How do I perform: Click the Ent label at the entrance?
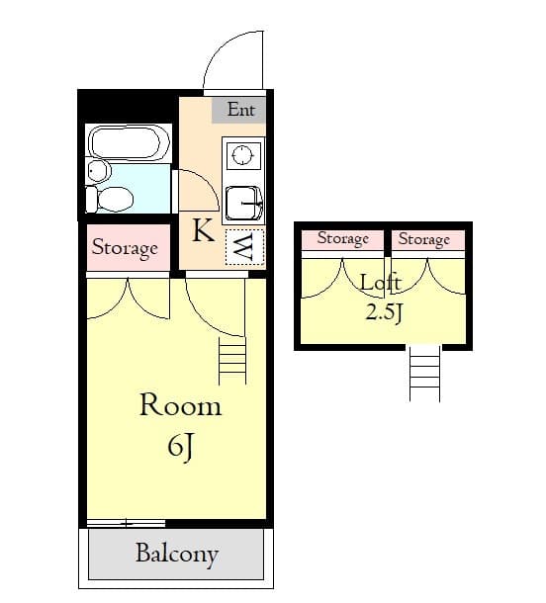click(x=240, y=110)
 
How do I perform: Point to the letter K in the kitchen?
click(x=203, y=231)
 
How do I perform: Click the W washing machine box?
click(x=241, y=247)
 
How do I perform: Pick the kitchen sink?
click(x=243, y=204)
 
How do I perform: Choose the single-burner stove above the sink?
click(x=242, y=155)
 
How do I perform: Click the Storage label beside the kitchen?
click(x=125, y=248)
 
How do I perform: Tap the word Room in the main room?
click(x=179, y=405)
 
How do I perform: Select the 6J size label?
click(x=179, y=447)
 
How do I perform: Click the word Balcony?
click(x=176, y=554)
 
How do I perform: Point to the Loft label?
click(x=380, y=284)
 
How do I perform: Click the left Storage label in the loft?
click(x=342, y=239)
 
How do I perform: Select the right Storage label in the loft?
click(x=423, y=239)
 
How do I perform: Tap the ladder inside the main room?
click(x=232, y=360)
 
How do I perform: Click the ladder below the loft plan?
click(x=424, y=374)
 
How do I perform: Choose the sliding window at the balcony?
click(x=126, y=522)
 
